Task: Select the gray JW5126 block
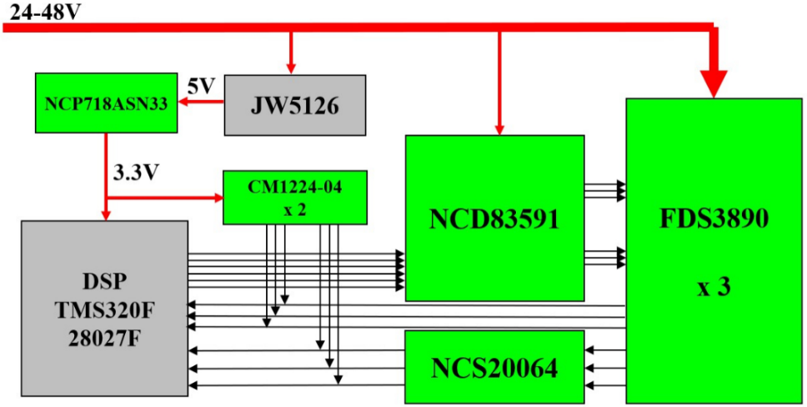coord(294,105)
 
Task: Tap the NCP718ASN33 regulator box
coord(106,103)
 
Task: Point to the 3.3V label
coord(137,173)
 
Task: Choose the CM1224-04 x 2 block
coord(294,198)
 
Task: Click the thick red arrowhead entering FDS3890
coord(714,84)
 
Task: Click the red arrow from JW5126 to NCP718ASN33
coord(190,103)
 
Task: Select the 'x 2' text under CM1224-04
coord(294,210)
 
